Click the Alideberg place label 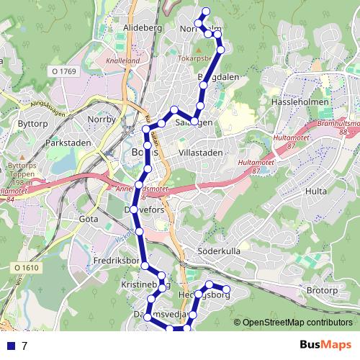coord(143,27)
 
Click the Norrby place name coord(101,118)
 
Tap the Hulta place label coord(315,192)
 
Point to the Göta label coord(89,217)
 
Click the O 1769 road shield coord(63,71)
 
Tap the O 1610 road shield coord(24,267)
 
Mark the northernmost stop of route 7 coord(206,11)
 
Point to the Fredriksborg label coord(117,260)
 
